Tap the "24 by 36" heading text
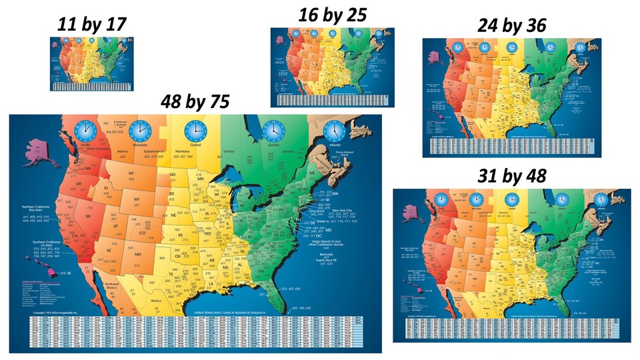[x=511, y=25]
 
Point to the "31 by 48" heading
[x=511, y=175]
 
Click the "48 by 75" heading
[x=195, y=101]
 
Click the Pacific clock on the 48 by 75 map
[x=85, y=129]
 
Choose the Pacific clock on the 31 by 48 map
[x=440, y=199]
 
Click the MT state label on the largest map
[x=131, y=174]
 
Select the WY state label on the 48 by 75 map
[x=137, y=198]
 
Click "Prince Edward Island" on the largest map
[x=348, y=155]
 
